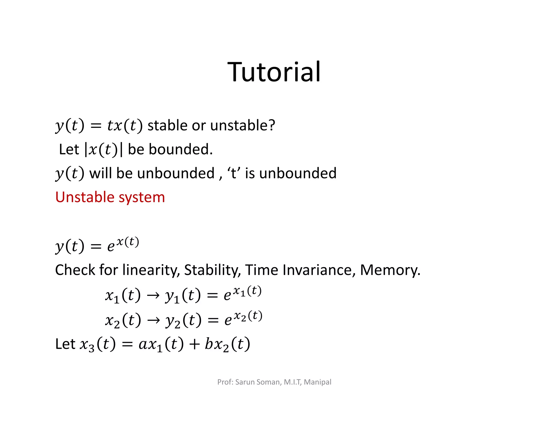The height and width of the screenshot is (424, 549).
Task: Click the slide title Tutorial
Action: coord(274,72)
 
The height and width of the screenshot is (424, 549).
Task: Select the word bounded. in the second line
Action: coord(180,149)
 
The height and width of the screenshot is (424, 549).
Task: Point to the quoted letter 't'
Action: coord(233,173)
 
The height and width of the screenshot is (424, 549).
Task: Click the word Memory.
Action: coord(390,270)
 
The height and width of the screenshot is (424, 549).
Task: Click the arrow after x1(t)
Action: coord(153,296)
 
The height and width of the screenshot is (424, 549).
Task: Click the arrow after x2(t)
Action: coord(154,321)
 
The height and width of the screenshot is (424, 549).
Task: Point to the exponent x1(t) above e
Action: coord(247,291)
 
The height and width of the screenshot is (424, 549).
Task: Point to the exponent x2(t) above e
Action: coord(248,316)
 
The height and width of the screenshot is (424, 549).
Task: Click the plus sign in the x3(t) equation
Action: coord(194,344)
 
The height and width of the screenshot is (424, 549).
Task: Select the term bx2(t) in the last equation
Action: coord(227,344)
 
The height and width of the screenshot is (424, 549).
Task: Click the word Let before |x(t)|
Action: coord(69,149)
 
